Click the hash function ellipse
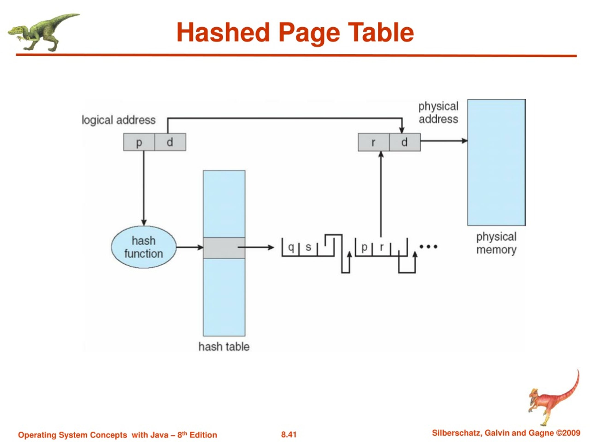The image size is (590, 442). (x=144, y=247)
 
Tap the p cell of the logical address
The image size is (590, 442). (x=139, y=142)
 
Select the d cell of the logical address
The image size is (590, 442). (x=170, y=142)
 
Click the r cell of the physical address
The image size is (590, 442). (x=373, y=142)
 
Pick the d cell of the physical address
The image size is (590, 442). (x=405, y=142)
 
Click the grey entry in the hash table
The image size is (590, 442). (x=224, y=248)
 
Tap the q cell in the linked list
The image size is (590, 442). (x=291, y=247)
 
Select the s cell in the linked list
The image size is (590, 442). (x=308, y=247)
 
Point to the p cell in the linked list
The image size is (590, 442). (x=364, y=247)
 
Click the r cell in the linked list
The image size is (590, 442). (x=382, y=247)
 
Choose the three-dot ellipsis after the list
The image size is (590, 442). (x=428, y=247)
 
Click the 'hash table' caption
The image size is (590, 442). (x=224, y=347)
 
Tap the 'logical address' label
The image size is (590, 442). (x=118, y=120)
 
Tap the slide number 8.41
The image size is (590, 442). (x=289, y=435)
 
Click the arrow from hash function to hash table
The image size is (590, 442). (x=190, y=247)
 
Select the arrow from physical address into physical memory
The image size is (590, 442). (x=444, y=141)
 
